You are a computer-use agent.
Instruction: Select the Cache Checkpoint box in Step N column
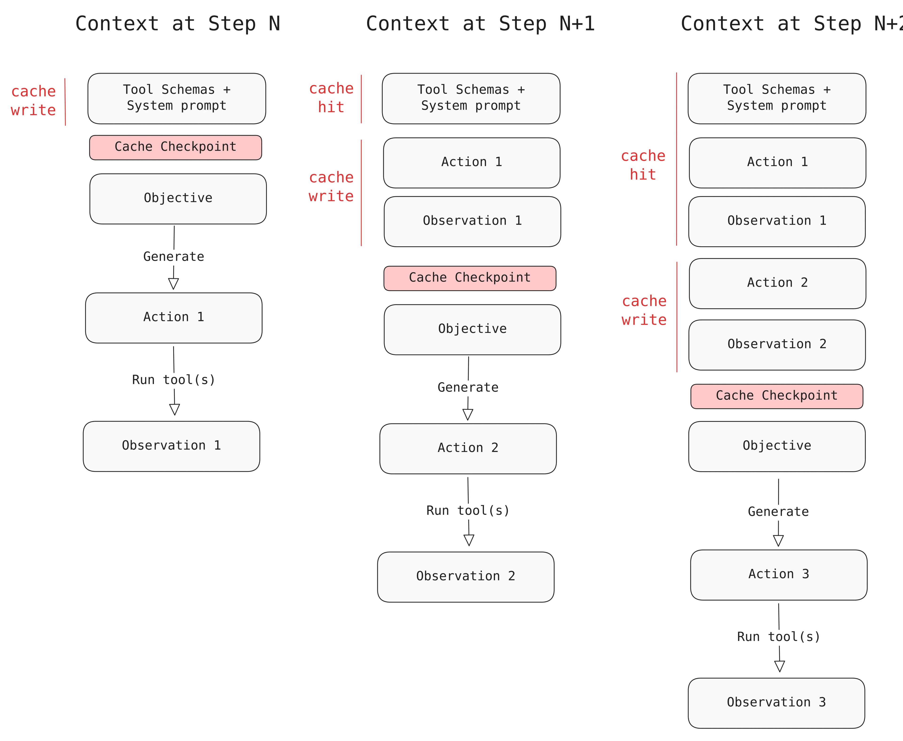pos(176,147)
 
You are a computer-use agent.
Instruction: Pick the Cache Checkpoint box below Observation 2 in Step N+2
pos(776,396)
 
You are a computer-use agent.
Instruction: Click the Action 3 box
pos(778,575)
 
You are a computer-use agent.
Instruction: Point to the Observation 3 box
pos(776,703)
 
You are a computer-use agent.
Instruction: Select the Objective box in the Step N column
pos(178,199)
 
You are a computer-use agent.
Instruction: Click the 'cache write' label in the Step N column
pos(33,101)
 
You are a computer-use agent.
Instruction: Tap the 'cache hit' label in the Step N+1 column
pos(331,98)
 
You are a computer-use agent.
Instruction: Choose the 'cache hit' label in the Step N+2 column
pos(643,165)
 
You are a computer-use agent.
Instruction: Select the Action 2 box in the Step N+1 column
pos(468,448)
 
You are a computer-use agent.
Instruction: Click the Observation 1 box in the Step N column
pos(171,446)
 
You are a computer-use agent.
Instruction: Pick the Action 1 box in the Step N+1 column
pos(471,163)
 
